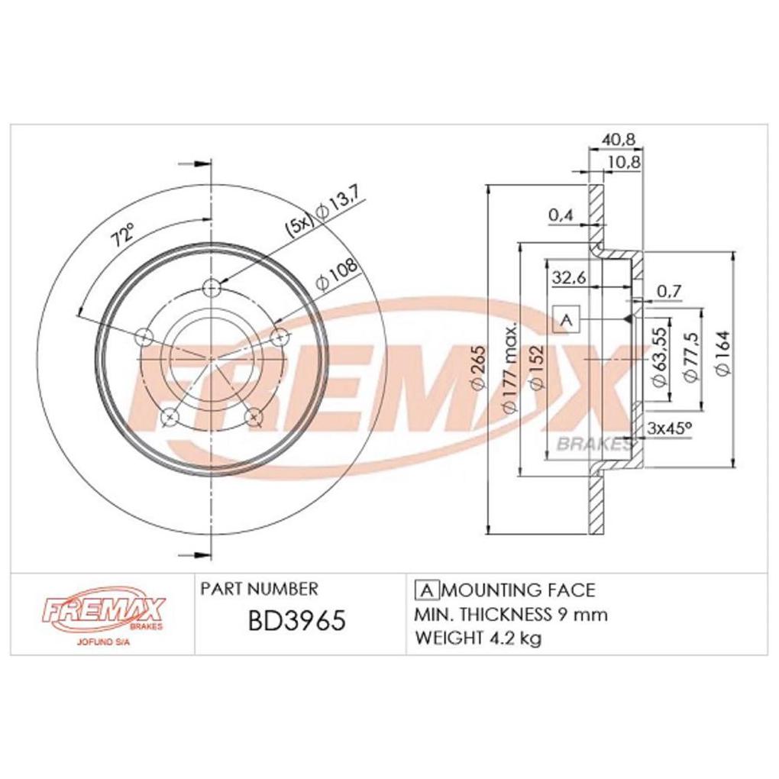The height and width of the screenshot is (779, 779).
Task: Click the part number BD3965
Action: coord(296,621)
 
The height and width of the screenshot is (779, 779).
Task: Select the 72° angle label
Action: coord(123,234)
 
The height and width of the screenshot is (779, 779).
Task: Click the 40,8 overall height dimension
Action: coord(618,140)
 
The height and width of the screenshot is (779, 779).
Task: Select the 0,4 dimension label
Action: coord(561,215)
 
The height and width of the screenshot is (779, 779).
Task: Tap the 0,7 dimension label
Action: coord(669,290)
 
